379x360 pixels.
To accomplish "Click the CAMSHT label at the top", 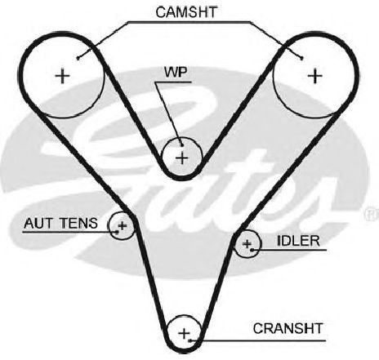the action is pyautogui.click(x=186, y=12).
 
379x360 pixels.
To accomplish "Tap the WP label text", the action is pyautogui.click(x=176, y=73).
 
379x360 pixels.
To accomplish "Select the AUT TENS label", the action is pyautogui.click(x=60, y=223).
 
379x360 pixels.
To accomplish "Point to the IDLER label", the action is pyautogui.click(x=298, y=241).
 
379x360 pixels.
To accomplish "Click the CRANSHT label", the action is pyautogui.click(x=288, y=328).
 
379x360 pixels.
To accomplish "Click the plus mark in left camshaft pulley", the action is pyautogui.click(x=63, y=76).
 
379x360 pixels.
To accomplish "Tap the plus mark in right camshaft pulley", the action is pyautogui.click(x=315, y=76).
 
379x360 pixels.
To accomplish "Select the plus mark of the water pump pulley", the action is pyautogui.click(x=182, y=158).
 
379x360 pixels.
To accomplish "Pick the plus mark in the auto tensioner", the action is pyautogui.click(x=123, y=225).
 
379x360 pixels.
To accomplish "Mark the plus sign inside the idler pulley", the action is pyautogui.click(x=247, y=244).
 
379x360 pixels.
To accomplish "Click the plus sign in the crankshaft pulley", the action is pyautogui.click(x=184, y=333).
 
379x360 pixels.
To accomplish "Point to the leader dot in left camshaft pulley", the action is pyautogui.click(x=78, y=58).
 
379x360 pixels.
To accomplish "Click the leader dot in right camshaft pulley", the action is pyautogui.click(x=301, y=58).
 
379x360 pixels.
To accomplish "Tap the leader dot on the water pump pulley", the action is pyautogui.click(x=181, y=145).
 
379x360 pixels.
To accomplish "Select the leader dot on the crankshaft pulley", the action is pyautogui.click(x=190, y=340).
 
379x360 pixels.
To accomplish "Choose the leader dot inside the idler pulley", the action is pyautogui.click(x=252, y=250).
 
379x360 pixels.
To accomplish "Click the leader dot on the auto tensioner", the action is pyautogui.click(x=117, y=232).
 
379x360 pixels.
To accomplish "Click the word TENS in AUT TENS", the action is pyautogui.click(x=79, y=223).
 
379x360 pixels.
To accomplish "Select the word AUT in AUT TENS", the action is pyautogui.click(x=38, y=223).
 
